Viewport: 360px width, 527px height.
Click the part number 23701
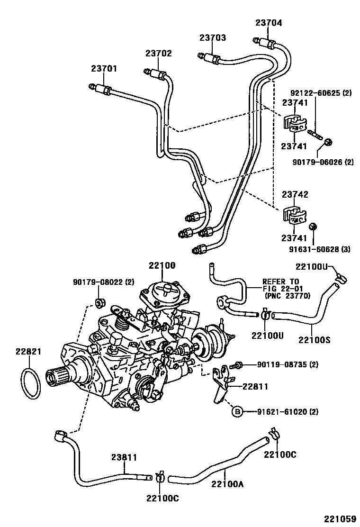tap(104, 69)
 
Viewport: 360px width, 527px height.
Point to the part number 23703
tap(212, 37)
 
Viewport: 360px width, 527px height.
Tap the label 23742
tap(295, 194)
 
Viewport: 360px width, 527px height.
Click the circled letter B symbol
tap(237, 412)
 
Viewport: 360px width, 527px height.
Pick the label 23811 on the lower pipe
tap(124, 457)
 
